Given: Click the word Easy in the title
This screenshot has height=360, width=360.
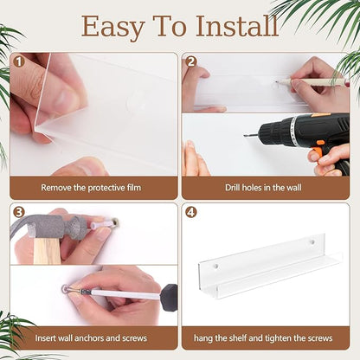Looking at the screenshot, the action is tap(112, 27).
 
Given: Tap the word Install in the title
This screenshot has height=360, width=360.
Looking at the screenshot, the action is tap(237, 26).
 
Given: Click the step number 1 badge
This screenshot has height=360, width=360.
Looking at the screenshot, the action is tap(19, 61).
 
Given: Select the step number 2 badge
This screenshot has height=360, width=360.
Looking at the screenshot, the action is tap(191, 61).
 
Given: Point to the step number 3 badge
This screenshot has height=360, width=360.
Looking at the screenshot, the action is tap(19, 213).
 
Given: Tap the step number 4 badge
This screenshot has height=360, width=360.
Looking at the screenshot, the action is tap(191, 213).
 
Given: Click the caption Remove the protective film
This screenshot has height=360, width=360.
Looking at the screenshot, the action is tap(91, 188).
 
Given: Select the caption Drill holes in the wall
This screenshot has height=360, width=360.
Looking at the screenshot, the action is tap(263, 188).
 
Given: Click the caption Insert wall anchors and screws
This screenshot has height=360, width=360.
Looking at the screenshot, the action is tap(91, 337).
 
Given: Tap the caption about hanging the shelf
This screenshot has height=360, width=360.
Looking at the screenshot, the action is tap(263, 337).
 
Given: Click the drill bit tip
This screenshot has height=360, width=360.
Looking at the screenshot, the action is tap(245, 135).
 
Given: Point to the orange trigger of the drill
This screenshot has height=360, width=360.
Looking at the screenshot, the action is tap(317, 152).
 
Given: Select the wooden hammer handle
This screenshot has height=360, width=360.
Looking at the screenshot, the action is tap(47, 251).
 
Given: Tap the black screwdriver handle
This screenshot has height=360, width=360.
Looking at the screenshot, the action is tap(169, 298).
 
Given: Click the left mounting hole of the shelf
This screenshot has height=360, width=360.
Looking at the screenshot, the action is tap(215, 266).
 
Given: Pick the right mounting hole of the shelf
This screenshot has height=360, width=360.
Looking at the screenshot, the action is tap(312, 242).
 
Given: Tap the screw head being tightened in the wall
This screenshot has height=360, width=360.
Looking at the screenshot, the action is tap(66, 289).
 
